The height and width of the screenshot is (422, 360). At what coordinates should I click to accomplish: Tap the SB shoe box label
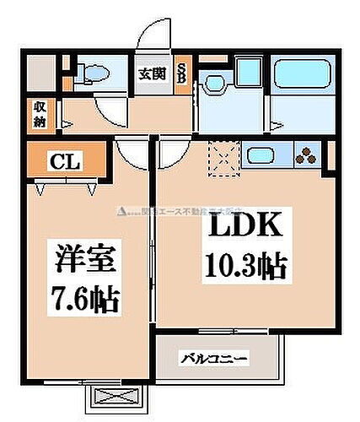(181, 73)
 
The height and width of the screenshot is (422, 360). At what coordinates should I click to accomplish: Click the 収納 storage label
(40, 113)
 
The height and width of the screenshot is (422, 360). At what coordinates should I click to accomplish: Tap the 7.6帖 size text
(83, 297)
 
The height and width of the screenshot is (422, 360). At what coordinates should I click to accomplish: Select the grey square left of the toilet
(40, 72)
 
